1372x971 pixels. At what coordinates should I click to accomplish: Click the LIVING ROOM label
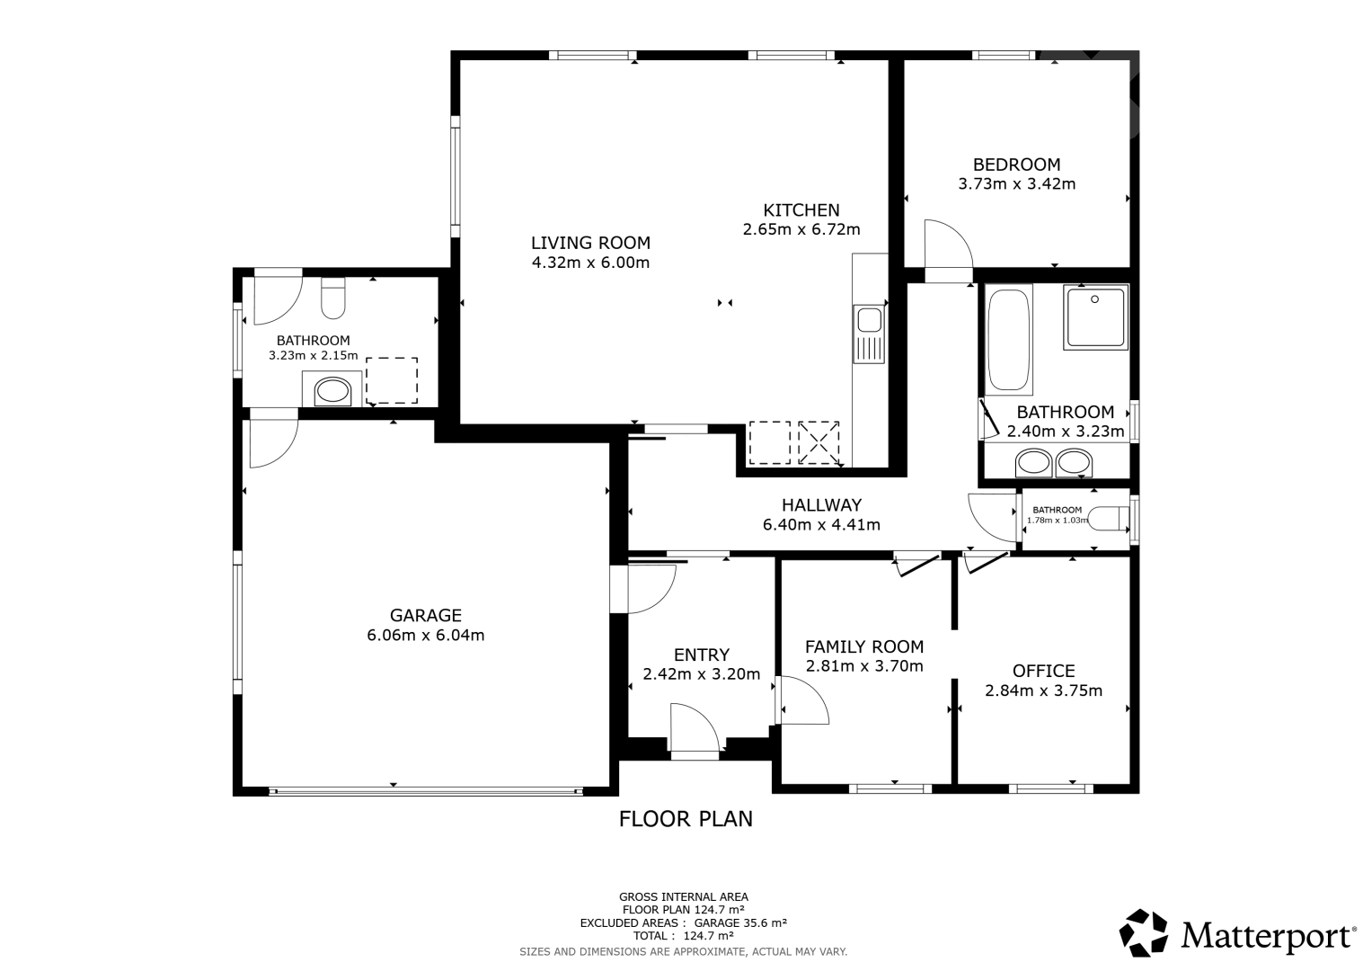[x=590, y=243]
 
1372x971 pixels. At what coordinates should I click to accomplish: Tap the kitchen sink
[x=869, y=334]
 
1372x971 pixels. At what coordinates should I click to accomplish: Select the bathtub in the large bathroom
[x=1008, y=340]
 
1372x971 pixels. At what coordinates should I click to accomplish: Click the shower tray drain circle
[x=1094, y=299]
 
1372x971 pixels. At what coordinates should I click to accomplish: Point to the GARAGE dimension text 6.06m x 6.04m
[x=426, y=635]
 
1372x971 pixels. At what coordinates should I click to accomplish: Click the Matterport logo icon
[x=1144, y=932]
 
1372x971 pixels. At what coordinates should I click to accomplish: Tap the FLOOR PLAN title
[x=686, y=819]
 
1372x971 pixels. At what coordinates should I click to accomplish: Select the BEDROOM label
[x=1017, y=165]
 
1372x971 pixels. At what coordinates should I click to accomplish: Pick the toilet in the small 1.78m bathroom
[x=1108, y=519]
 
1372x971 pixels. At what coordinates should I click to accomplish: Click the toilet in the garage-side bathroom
[x=332, y=298]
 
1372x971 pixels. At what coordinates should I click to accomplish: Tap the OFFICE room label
[x=1044, y=671]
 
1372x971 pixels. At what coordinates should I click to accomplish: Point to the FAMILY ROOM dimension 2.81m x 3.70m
[x=864, y=665]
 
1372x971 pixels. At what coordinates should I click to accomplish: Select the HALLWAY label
[x=821, y=505]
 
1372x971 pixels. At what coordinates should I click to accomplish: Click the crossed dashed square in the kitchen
[x=819, y=442]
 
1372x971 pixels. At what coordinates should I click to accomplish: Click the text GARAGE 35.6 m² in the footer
[x=739, y=922]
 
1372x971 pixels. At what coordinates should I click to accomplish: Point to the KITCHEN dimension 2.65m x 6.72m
[x=801, y=229]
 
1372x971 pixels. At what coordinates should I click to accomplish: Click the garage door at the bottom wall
[x=426, y=792]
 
